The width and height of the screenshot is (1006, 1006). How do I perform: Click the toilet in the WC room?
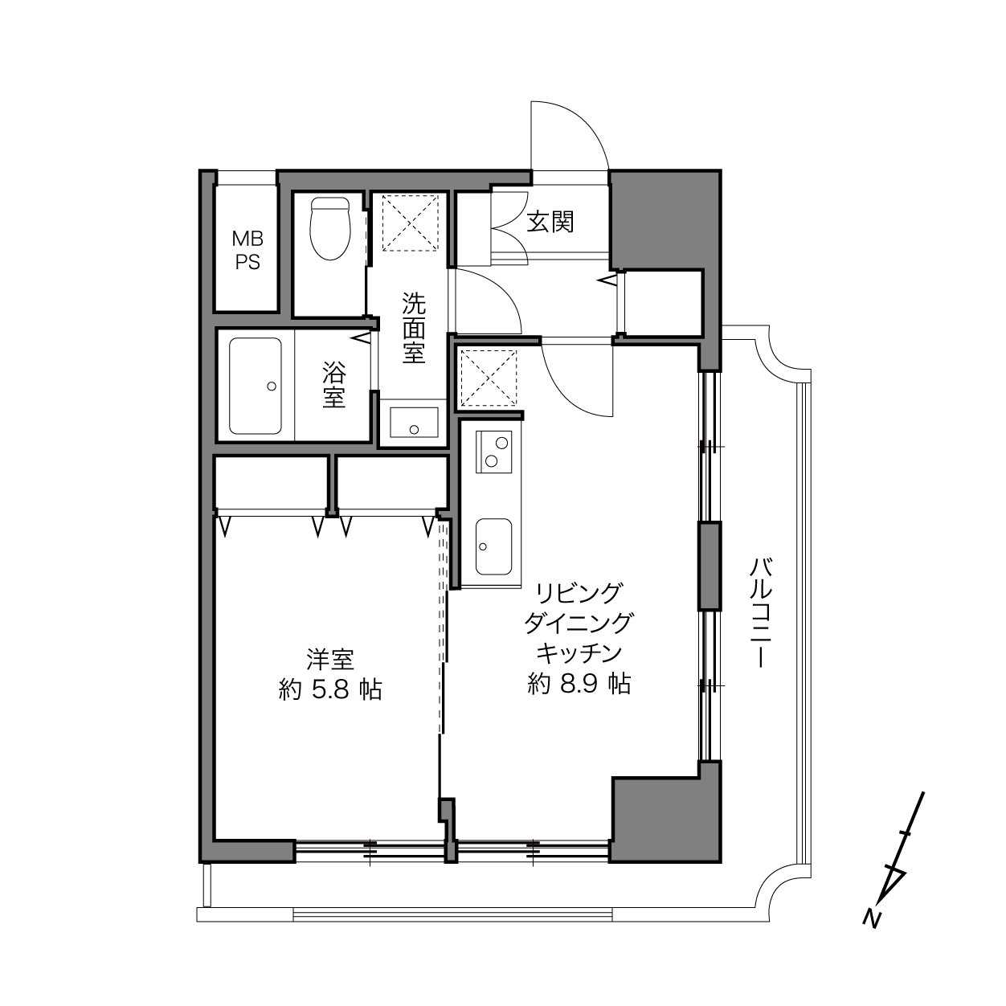330,228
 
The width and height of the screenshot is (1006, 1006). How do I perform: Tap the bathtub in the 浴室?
256,386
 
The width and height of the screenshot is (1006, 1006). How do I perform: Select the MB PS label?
247,251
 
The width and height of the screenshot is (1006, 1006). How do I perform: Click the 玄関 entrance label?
550,222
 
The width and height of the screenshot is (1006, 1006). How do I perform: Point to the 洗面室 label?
414,328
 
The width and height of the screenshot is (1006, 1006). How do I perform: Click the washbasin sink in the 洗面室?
414,422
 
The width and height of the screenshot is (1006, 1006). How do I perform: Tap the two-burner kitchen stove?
493,452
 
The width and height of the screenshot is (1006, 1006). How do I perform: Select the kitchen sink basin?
493,546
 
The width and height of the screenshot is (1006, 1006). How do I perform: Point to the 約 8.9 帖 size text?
579,684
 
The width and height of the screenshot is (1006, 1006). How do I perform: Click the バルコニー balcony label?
761,613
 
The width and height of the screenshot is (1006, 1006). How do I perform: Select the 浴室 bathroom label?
333,385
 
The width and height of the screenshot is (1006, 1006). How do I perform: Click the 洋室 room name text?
330,660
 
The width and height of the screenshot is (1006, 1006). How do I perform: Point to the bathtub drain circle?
271,386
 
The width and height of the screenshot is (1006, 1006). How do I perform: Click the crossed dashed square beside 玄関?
411,223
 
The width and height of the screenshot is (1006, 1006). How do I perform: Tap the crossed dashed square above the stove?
488,378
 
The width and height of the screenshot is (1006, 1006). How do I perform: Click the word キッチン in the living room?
579,653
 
